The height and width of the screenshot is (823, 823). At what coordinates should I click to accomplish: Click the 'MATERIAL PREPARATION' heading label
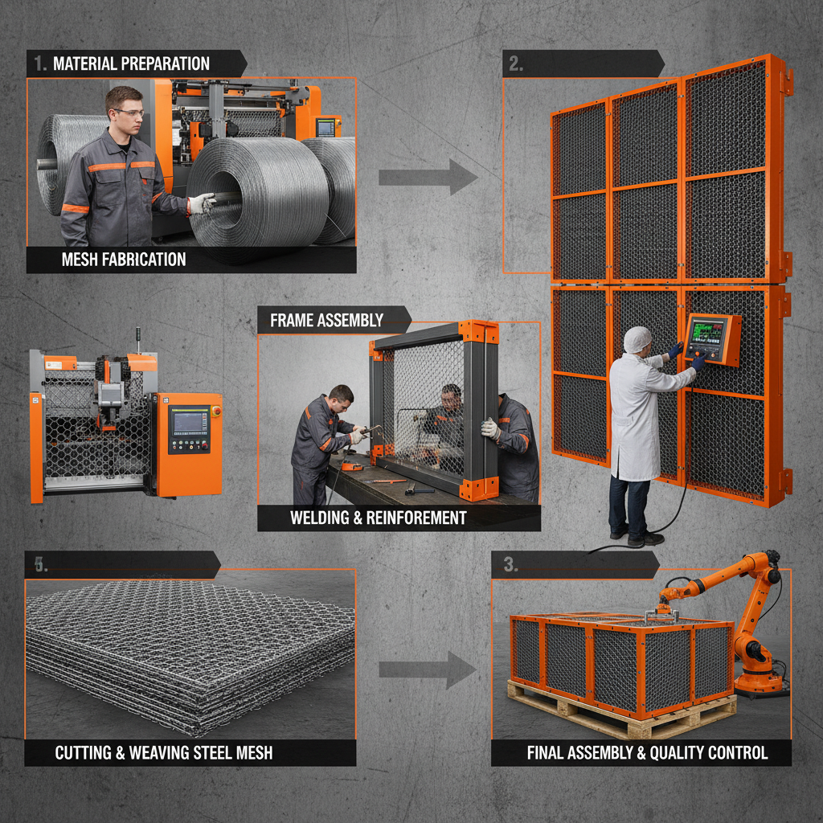130,63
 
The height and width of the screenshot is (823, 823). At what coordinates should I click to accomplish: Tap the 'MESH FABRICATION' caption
123,260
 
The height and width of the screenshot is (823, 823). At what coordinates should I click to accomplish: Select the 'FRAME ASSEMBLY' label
326,320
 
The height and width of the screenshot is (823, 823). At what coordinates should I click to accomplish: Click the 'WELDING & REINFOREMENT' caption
378,518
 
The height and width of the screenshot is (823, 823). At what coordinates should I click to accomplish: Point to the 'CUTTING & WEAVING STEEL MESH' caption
163,753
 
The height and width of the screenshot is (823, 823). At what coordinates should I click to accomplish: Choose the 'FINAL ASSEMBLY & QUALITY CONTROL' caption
647,753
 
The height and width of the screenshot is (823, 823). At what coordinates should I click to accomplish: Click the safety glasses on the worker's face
128,113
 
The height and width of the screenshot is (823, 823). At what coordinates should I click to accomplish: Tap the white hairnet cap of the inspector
637,338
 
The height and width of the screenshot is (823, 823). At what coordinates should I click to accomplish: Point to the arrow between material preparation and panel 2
428,177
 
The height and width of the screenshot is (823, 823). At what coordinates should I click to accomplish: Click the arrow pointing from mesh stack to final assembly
428,669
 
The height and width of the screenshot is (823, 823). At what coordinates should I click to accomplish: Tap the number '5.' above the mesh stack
40,564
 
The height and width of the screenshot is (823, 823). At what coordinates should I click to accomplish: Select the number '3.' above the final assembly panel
510,564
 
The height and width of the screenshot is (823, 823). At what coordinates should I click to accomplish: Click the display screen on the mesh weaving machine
186,422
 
